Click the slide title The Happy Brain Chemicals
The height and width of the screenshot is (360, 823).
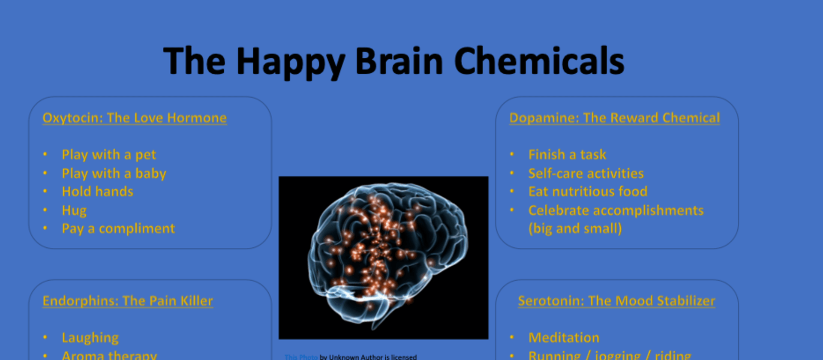coord(393,61)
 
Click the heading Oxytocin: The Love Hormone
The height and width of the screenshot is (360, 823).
coord(135,118)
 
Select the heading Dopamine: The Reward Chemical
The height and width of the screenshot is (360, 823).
coord(614,118)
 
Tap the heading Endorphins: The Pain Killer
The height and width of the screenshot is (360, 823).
coord(128,301)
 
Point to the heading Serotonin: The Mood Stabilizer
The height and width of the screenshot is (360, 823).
coord(616,301)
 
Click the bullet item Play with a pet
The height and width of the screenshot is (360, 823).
coord(109,155)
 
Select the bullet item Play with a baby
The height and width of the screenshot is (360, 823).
coord(114,174)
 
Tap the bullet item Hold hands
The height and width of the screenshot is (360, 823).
coord(97,192)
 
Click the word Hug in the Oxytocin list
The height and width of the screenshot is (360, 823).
coord(74,210)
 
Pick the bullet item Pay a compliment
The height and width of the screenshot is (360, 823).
coord(118,228)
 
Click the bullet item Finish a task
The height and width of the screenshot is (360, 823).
coord(567,155)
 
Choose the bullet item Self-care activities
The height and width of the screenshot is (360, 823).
coord(586,174)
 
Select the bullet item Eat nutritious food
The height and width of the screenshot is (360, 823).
coord(588,192)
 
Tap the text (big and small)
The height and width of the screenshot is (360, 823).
coord(575,228)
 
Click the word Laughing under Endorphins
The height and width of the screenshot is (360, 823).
coord(90,338)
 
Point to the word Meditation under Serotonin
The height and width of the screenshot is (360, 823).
coord(564,338)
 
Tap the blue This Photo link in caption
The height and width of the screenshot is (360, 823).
coord(301,357)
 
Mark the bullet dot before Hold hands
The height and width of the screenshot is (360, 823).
coord(45,191)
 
